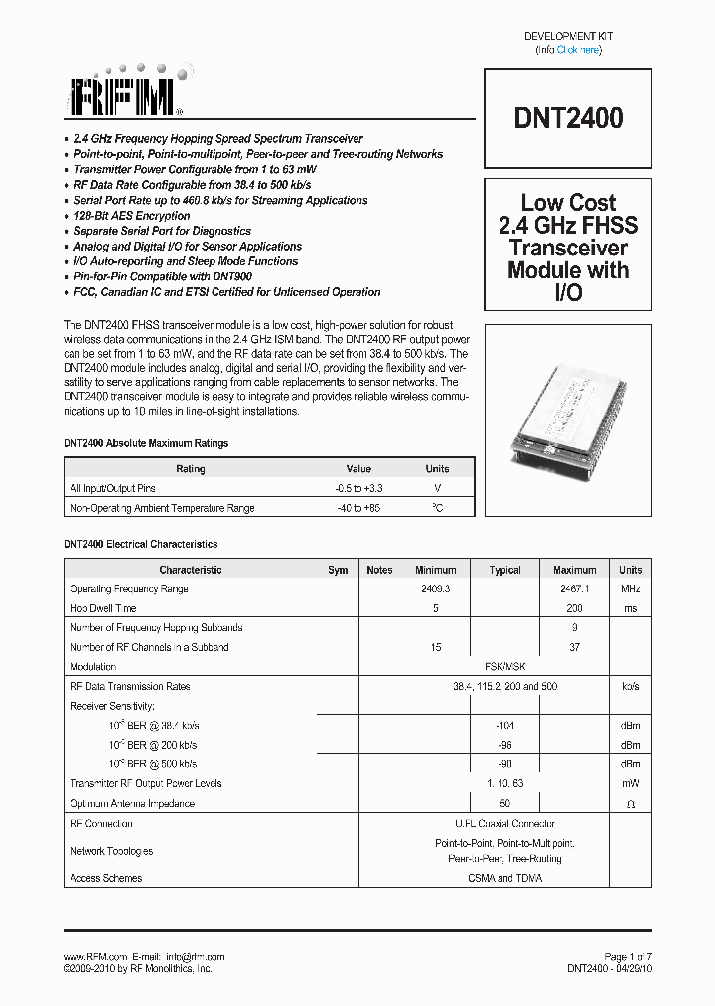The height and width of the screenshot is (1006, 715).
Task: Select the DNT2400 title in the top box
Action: click(x=568, y=118)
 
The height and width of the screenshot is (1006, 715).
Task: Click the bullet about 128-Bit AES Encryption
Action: click(x=131, y=216)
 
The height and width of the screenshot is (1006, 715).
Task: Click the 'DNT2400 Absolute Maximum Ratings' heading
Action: click(x=146, y=443)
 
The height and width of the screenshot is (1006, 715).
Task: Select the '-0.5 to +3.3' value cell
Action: click(x=358, y=488)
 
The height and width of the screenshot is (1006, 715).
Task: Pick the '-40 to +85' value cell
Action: click(x=358, y=508)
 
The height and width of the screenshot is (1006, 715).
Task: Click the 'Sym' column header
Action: click(x=338, y=570)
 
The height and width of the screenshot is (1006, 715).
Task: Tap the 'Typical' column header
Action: click(x=504, y=570)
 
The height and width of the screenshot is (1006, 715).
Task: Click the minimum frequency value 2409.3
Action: click(x=435, y=589)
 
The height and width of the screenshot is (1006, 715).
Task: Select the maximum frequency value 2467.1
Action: click(x=574, y=589)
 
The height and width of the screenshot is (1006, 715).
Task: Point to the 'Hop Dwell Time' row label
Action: click(x=103, y=608)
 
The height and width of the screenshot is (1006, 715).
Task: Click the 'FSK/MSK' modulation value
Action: click(x=504, y=667)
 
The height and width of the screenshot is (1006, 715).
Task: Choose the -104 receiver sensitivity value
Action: click(x=504, y=726)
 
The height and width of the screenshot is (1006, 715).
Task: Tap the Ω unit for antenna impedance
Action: click(x=630, y=803)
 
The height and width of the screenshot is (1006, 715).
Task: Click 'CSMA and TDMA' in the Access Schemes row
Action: click(x=504, y=878)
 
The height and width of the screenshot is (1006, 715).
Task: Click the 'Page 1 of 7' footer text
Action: click(x=628, y=956)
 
